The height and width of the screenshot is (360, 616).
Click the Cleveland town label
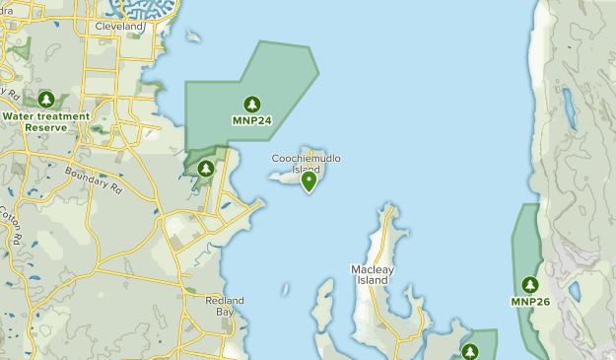click(x=120, y=27)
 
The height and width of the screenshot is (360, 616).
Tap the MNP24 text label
click(x=251, y=121)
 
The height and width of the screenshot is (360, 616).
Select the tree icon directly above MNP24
click(x=251, y=104)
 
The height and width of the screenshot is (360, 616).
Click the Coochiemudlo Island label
click(x=307, y=163)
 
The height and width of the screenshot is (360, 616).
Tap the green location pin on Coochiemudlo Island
click(x=309, y=180)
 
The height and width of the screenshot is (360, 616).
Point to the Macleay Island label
click(x=371, y=274)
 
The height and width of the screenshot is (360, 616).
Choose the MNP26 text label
click(x=530, y=302)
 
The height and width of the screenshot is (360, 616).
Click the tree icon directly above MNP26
click(x=530, y=284)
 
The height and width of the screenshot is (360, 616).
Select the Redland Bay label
click(x=224, y=305)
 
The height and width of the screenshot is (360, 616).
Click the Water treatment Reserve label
click(x=45, y=121)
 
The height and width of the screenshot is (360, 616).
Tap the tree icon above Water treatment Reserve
click(x=46, y=100)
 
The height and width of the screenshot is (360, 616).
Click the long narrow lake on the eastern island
click(x=570, y=108)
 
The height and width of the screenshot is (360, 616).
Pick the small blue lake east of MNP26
click(x=575, y=293)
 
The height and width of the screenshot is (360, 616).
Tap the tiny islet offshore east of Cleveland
click(x=194, y=37)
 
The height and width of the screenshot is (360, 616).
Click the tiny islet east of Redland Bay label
click(x=285, y=291)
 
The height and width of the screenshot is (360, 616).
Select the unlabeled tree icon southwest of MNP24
click(x=205, y=169)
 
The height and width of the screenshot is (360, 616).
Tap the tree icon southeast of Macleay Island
click(x=469, y=351)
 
